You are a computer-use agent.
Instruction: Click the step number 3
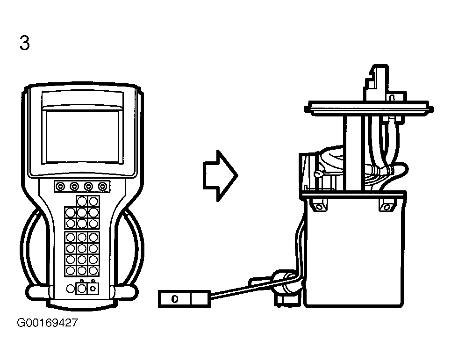25,43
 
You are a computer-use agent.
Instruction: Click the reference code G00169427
48,323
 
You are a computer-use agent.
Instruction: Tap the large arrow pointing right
220,175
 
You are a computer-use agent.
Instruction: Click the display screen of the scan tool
83,137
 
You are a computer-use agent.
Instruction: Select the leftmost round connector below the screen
60,187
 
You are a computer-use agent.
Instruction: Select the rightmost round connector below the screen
103,187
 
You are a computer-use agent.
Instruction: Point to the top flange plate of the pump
368,109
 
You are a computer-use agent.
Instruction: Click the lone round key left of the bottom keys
71,289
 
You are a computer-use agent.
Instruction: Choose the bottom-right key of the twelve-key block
93,271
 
